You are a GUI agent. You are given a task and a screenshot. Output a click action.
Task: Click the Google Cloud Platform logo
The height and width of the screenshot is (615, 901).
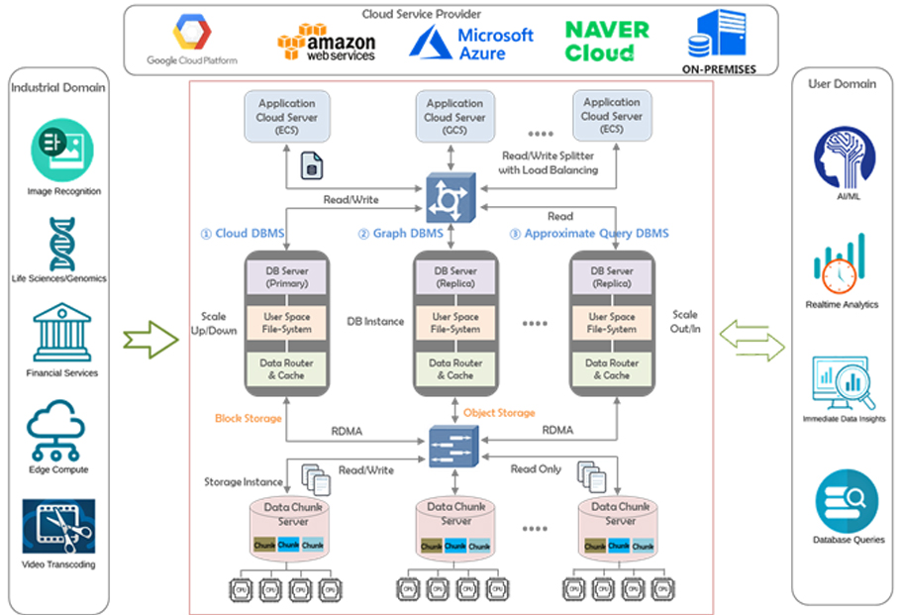click(x=192, y=39)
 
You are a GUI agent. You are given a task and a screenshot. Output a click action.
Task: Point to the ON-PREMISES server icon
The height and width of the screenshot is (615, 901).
click(x=719, y=35)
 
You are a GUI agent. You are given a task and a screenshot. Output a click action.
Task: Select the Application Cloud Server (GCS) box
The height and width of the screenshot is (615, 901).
click(x=454, y=117)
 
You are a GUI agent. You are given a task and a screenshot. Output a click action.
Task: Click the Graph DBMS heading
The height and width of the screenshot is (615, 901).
click(x=402, y=234)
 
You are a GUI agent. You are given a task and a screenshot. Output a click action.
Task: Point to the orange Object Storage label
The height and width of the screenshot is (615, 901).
click(x=499, y=412)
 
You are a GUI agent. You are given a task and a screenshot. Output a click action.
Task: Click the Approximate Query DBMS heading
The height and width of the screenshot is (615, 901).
click(x=589, y=234)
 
